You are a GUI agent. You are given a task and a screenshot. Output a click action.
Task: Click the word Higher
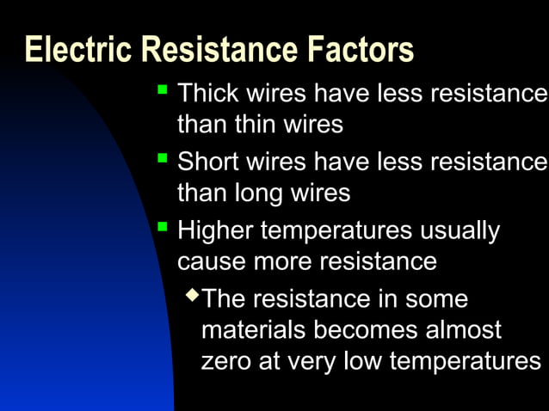coord(215,230)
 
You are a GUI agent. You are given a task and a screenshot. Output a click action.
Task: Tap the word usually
coord(460,230)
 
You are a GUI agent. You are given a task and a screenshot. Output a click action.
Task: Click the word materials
coord(253,330)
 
